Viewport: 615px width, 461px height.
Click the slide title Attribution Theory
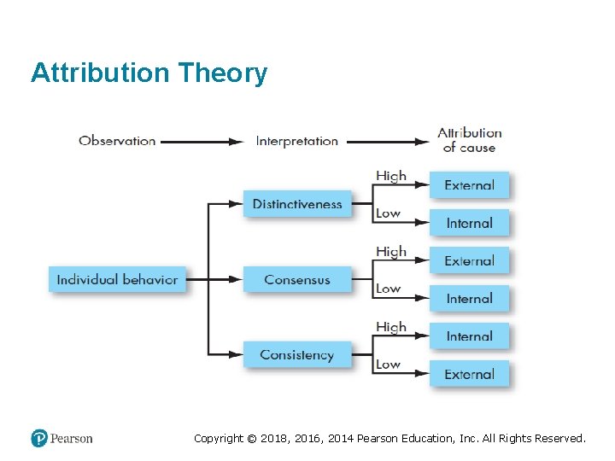(149, 73)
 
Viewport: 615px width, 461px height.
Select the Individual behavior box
(117, 279)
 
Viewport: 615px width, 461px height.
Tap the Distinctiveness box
(297, 204)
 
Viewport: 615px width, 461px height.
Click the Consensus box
(297, 279)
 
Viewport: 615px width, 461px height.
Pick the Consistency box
(297, 354)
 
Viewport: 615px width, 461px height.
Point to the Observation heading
(117, 141)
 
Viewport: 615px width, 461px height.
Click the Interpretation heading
(296, 141)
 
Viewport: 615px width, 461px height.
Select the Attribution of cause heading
(469, 140)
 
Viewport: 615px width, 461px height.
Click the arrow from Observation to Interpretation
(202, 142)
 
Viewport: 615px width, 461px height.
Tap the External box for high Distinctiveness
(469, 185)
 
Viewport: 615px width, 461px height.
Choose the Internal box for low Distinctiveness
(469, 223)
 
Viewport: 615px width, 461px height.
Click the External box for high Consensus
(469, 260)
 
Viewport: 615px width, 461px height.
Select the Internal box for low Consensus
(469, 298)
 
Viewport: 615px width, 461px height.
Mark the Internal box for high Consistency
(469, 336)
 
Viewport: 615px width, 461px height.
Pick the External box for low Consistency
(469, 374)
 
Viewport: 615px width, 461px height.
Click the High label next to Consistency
(391, 327)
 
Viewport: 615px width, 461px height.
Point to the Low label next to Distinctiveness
(388, 213)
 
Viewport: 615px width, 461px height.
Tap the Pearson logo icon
(39, 438)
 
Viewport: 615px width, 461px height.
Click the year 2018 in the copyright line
(265, 438)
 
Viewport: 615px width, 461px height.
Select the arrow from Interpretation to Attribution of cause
(387, 142)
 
